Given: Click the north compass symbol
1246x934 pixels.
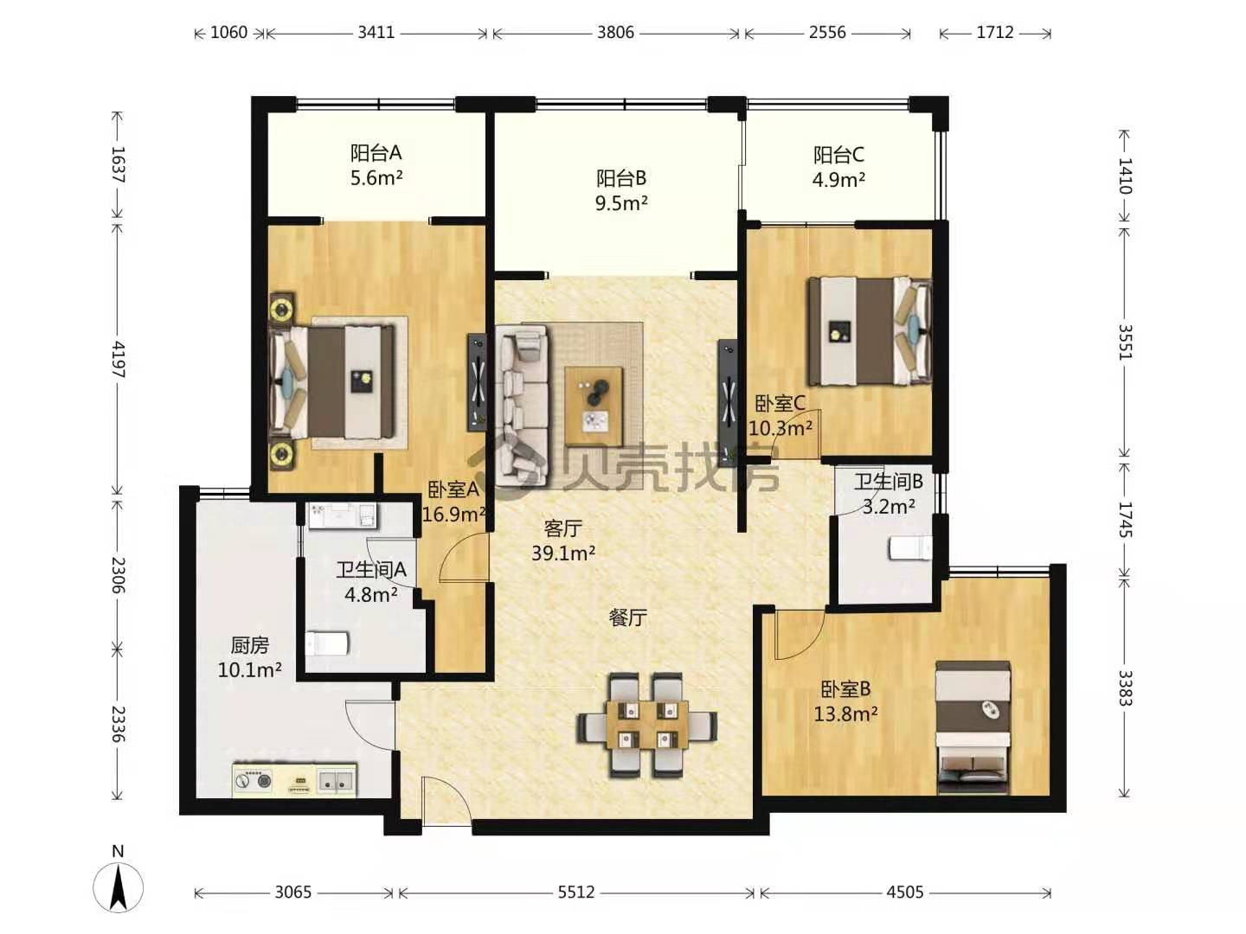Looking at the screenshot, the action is tap(118, 887).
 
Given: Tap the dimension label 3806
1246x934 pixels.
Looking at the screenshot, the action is tap(615, 32).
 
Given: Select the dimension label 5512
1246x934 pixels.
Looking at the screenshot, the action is tap(575, 892).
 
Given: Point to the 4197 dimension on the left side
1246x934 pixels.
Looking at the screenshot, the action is tap(118, 359).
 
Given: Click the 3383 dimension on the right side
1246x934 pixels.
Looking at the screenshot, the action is tap(1125, 688).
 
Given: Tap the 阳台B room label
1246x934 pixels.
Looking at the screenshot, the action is tap(621, 178).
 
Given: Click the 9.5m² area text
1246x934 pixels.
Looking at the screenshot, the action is tap(621, 203).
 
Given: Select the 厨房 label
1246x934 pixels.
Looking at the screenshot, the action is tap(250, 645).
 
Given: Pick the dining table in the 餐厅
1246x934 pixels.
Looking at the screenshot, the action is tap(647, 725).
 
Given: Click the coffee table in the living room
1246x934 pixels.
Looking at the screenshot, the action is tap(594, 406).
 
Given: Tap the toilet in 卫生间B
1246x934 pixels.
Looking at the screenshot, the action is tap(910, 547).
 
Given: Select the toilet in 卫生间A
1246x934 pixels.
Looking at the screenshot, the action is tap(327, 643).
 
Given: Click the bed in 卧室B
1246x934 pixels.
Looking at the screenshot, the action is tap(973, 727).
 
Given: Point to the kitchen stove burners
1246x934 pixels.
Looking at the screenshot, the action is tap(254, 780).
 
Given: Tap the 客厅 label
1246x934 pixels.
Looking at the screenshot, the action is tap(562, 528).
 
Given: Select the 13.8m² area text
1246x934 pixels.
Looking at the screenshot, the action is tap(845, 713).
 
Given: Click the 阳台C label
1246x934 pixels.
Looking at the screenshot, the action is tap(838, 154).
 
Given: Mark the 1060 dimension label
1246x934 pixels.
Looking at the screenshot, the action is tap(228, 32).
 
